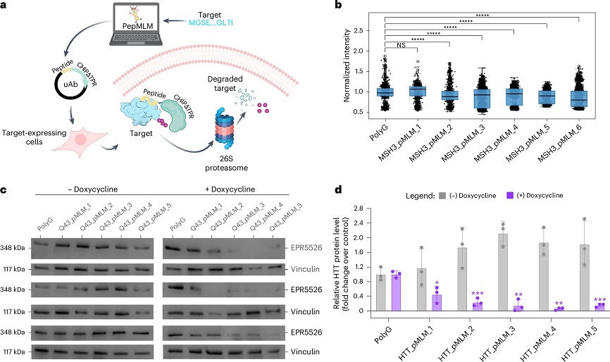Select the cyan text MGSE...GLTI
click(x=211, y=23)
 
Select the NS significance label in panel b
click(x=401, y=45)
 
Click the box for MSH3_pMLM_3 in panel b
click(x=482, y=99)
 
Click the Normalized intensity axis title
click(x=347, y=65)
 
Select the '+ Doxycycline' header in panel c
click(x=230, y=189)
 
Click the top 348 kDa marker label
click(x=13, y=248)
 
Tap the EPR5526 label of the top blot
click(x=306, y=247)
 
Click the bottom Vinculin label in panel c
click(x=305, y=351)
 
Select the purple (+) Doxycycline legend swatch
click(x=510, y=195)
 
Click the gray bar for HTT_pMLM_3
click(x=503, y=272)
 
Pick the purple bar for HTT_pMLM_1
click(x=437, y=303)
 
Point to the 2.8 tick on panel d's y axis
click(x=359, y=208)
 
